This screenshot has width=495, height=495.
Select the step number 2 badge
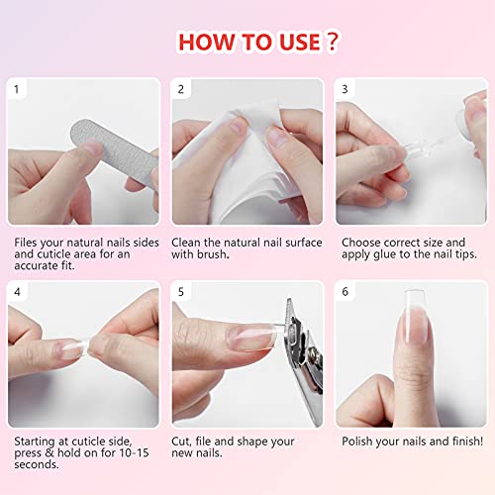[x=181, y=89]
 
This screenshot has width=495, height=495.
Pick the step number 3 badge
[x=345, y=89]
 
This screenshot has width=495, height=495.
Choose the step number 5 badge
[x=181, y=292]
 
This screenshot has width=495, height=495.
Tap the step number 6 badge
[x=345, y=292]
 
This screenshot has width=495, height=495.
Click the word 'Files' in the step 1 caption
[x=28, y=242]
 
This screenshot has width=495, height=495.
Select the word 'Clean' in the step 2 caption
[x=189, y=242]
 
